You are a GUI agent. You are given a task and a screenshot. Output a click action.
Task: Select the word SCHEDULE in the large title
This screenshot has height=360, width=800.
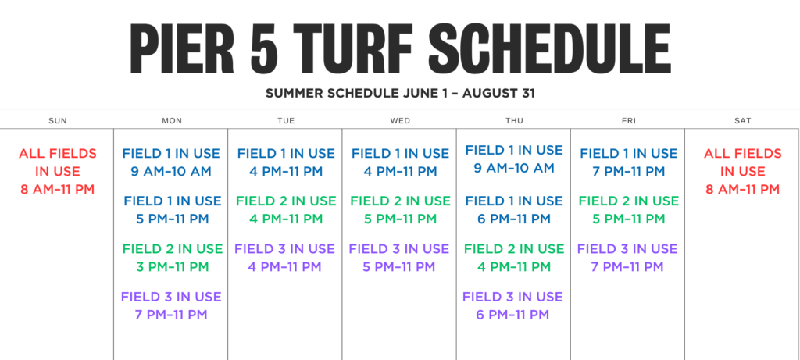549,49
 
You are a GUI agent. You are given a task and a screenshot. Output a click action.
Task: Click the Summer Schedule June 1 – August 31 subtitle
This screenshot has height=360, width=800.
400,94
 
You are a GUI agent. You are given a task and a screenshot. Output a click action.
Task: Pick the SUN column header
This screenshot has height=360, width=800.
58,121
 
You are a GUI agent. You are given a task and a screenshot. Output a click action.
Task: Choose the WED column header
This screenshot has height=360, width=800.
400,121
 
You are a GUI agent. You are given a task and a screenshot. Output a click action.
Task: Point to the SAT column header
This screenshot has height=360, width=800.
743,121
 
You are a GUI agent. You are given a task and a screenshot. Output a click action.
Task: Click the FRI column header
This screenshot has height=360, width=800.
629,121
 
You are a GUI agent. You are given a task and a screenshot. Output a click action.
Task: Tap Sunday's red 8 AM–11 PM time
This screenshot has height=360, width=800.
58,190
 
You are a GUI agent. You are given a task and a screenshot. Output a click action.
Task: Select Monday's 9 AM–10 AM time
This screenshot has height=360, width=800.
171,171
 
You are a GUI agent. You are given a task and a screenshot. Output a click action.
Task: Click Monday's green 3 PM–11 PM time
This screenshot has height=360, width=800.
173,267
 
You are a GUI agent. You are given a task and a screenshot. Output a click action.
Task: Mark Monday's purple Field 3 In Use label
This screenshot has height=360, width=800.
171,297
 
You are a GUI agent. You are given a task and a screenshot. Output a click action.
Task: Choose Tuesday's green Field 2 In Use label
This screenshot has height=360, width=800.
286,201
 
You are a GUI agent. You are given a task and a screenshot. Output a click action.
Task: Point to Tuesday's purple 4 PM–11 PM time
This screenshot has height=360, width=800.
284,267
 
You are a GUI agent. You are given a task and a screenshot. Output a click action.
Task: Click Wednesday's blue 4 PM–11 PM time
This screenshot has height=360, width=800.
401,171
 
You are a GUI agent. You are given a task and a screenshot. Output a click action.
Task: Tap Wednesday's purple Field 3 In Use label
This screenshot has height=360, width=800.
399,249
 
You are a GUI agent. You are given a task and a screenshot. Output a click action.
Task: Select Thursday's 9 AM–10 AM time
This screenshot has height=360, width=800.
514,168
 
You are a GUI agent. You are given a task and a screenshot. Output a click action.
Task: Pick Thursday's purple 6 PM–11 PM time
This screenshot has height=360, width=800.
512,315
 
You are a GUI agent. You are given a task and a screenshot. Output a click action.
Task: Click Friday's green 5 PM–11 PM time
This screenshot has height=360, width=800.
629,219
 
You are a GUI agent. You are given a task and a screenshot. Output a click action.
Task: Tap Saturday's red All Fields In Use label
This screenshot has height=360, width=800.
743,162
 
